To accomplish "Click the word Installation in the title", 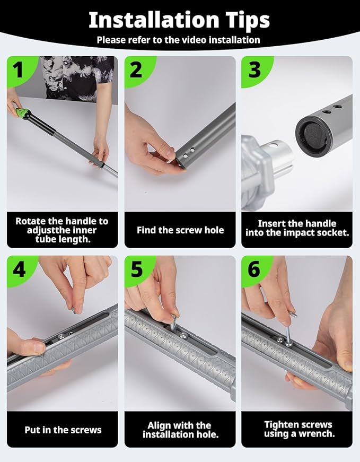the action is [154, 20].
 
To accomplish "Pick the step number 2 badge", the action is [136, 70].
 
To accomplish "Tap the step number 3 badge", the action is [254, 70].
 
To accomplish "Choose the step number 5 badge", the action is [136, 269].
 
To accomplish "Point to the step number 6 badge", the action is [254, 269].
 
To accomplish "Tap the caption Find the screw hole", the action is [180, 230].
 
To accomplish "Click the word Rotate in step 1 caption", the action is [30, 221].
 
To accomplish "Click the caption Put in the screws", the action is [63, 430].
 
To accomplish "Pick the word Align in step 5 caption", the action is [160, 425].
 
